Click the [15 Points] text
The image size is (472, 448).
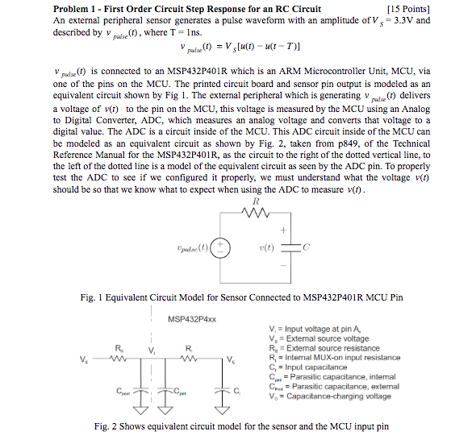[408, 8]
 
